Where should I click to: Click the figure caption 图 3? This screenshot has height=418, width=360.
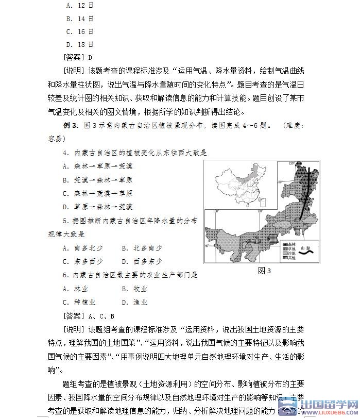coord(264,271)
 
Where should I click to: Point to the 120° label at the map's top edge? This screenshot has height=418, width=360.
coord(293,164)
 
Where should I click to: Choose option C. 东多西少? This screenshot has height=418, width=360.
coord(82,261)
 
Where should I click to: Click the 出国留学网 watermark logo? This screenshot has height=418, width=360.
coord(319,407)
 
